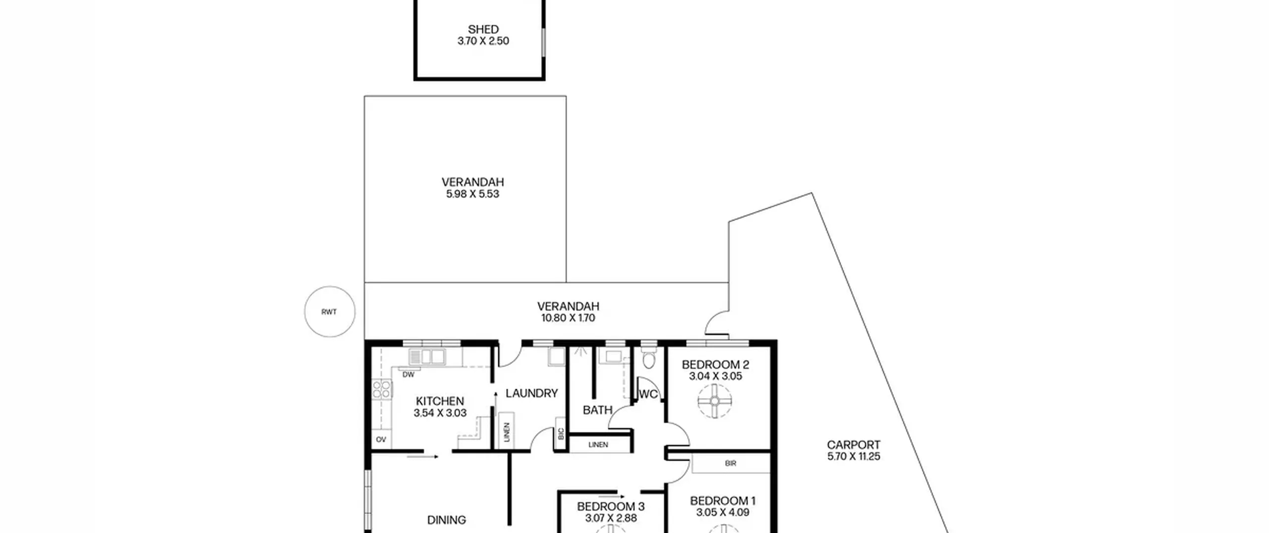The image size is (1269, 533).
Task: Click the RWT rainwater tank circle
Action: coord(330,287)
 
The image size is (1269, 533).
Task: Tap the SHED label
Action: coord(483,30)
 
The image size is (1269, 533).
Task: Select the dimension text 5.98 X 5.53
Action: coord(472,194)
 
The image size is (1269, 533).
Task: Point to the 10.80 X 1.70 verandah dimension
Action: coord(568,318)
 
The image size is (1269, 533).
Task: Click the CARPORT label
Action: coord(853,445)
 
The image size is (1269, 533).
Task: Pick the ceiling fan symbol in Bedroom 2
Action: coord(714,401)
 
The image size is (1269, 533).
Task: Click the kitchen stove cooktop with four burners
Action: coord(382,389)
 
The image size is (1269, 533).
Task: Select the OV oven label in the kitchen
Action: coord(381,439)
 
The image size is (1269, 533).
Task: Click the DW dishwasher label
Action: coord(408,375)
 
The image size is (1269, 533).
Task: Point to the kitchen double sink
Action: coord(427,356)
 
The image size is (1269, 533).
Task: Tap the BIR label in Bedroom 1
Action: coord(730,464)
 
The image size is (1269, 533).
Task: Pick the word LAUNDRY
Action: coord(531,393)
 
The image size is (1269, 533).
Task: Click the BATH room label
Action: coord(597,410)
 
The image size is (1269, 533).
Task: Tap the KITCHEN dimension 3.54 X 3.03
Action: coord(440,413)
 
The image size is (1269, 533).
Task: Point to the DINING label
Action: coord(446,520)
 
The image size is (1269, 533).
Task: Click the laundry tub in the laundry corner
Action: coord(556,356)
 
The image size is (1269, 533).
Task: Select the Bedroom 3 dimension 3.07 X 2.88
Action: coord(611,518)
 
